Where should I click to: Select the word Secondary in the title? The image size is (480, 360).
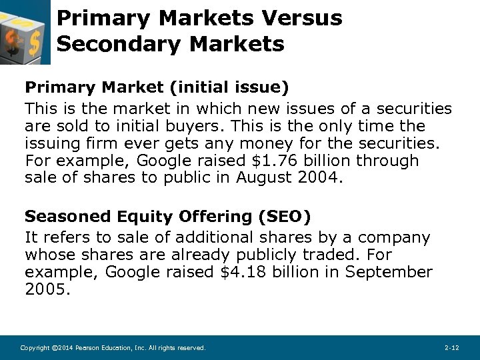tap(109, 44)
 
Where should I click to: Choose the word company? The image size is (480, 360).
tap(393, 237)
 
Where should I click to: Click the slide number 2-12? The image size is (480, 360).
tap(451, 348)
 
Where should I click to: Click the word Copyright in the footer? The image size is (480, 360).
tap(35, 348)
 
